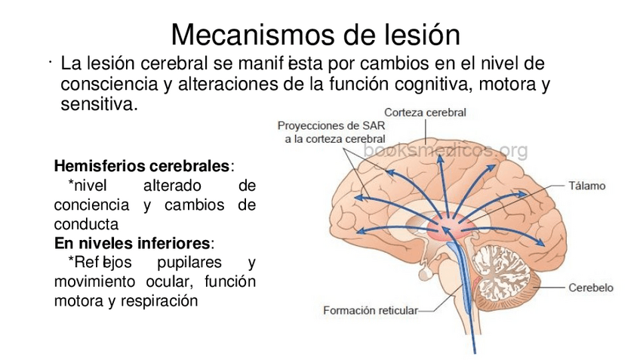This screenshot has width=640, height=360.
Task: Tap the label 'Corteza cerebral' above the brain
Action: coord(425,112)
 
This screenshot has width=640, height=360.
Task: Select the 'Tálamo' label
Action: coord(586,185)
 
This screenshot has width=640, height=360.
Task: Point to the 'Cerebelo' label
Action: coord(590,288)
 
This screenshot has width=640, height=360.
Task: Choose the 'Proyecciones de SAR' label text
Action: coord(331,126)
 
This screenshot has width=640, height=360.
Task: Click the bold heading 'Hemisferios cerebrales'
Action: coord(142,165)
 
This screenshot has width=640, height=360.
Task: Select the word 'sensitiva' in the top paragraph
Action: coord(98,103)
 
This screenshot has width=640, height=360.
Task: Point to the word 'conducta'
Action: coord(86,224)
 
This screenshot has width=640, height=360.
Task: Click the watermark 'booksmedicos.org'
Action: coord(445,151)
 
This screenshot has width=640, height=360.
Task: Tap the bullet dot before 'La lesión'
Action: coord(46,61)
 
